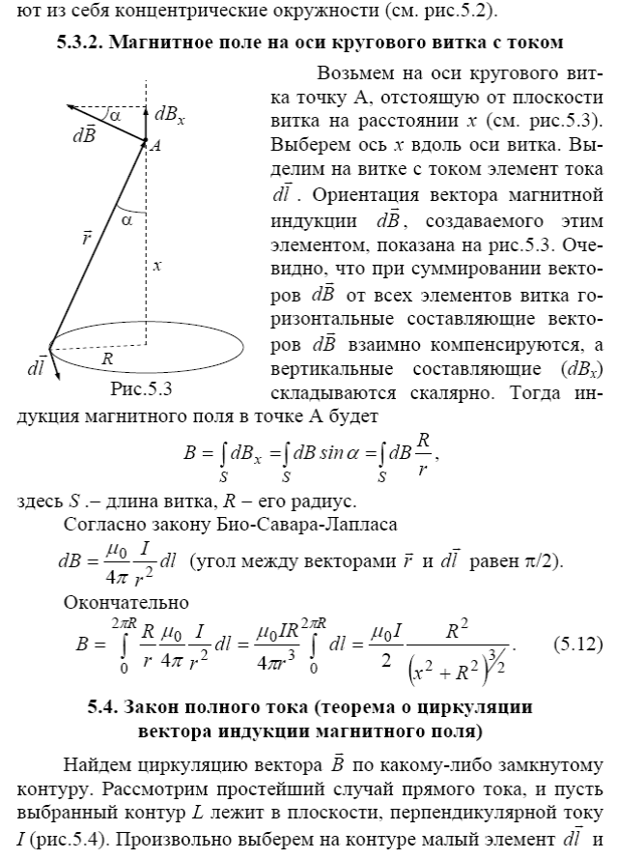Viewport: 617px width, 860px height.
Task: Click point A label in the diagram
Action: (x=154, y=146)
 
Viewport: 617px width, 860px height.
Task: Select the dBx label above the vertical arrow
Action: (x=168, y=118)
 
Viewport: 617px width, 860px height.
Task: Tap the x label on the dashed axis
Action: (x=156, y=264)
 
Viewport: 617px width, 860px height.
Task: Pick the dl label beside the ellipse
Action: (x=25, y=369)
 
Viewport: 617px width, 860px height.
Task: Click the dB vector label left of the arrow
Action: (x=83, y=135)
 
